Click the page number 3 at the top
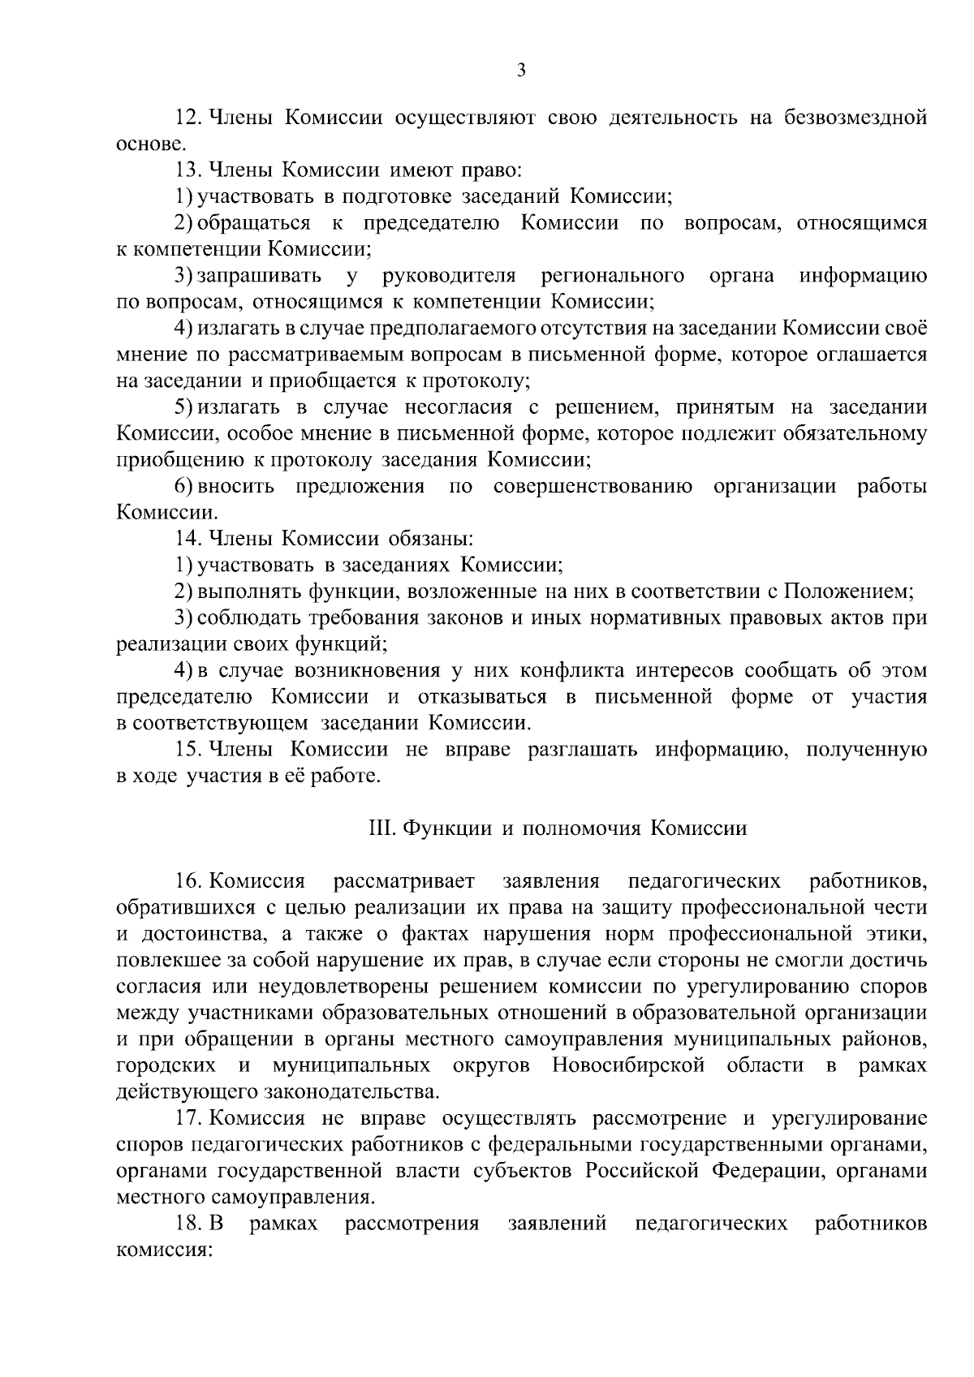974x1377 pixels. pos(521,71)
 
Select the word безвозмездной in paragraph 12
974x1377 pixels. pos(855,118)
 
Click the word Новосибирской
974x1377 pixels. pos(627,1065)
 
